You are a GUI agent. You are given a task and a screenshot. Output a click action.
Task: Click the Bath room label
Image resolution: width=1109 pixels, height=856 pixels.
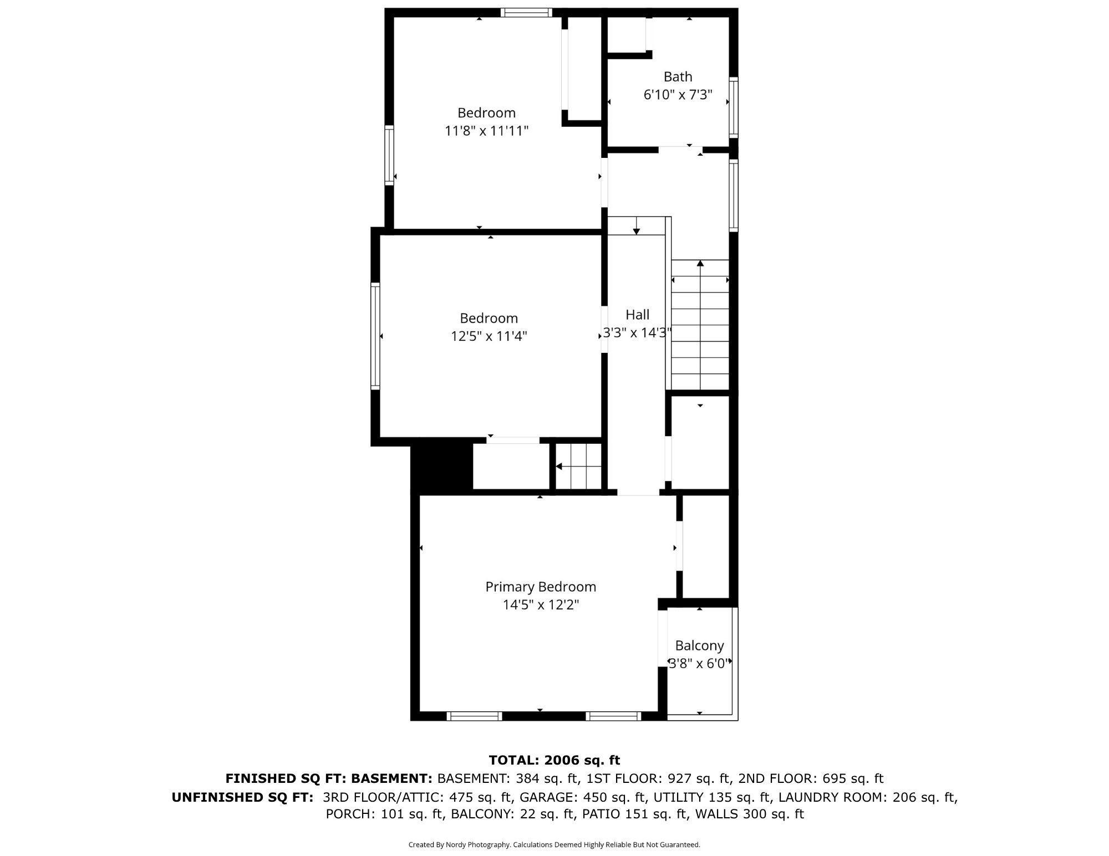tap(678, 76)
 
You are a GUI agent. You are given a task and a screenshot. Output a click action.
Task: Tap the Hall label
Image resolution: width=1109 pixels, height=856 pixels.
tap(637, 315)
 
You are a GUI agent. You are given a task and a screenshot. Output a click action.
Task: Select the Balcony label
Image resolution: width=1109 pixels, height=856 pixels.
tap(699, 645)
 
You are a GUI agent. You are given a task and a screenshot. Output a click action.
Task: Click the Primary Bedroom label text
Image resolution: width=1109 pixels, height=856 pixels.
tap(541, 587)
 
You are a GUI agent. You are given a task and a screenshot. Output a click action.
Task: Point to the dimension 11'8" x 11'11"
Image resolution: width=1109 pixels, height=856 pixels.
tap(486, 131)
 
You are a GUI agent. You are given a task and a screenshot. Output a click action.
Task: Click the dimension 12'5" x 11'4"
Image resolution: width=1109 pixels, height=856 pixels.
tap(489, 336)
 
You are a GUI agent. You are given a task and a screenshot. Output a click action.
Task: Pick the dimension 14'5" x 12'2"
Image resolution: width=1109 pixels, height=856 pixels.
tap(541, 604)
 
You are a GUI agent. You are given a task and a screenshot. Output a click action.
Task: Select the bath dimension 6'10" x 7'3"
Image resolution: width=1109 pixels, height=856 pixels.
tap(678, 95)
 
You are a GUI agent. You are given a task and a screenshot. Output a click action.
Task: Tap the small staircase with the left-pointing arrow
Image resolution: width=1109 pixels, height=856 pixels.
tap(579, 467)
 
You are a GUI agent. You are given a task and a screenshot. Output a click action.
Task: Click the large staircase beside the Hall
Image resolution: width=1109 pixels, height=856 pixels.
tap(700, 325)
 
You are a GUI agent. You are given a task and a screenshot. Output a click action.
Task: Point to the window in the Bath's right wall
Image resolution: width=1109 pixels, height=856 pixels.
tap(734, 107)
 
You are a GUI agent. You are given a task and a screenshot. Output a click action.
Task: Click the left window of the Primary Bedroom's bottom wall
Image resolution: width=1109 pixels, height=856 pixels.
tap(474, 716)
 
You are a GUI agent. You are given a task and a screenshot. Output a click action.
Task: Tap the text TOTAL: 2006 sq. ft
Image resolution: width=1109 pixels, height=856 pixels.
tap(554, 760)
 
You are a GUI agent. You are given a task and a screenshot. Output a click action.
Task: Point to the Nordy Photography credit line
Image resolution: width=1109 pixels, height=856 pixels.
tap(554, 844)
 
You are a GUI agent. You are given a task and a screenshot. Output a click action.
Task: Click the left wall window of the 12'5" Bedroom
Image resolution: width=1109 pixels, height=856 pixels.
tap(375, 336)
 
